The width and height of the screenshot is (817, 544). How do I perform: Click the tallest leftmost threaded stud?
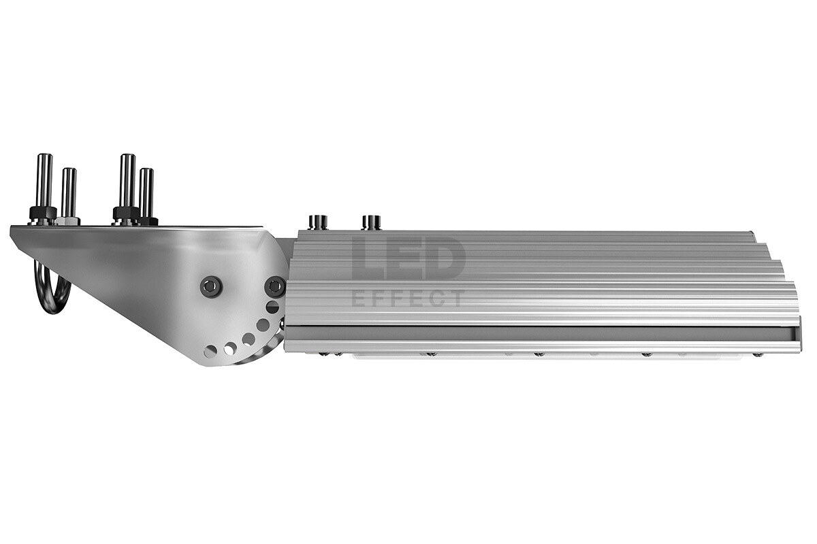tap(45, 182)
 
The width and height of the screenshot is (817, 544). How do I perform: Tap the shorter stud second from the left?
tap(69, 192)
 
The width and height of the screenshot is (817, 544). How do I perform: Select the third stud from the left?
tap(128, 182)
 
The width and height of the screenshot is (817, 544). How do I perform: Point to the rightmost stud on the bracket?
tap(146, 193)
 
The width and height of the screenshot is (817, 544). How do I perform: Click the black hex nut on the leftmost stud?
tap(43, 212)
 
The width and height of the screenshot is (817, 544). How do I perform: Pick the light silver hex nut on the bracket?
tap(68, 221)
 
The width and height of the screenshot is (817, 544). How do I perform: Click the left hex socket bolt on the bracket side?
tap(212, 286)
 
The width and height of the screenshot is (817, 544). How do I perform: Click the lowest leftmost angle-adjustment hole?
tap(210, 351)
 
